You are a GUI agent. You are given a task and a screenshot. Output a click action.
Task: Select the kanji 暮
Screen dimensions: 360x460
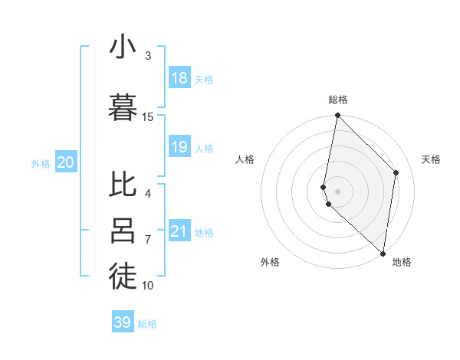coord(123,107)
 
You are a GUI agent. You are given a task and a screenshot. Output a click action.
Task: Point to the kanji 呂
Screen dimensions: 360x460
coord(123,231)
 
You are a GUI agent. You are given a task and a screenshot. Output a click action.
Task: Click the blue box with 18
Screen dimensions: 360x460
coord(179,78)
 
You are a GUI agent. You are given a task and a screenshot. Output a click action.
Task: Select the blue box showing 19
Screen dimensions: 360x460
coord(179,147)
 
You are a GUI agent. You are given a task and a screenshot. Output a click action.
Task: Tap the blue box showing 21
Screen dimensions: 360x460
coord(179,231)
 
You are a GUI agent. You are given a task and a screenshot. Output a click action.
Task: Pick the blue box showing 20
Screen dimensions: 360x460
coord(66,162)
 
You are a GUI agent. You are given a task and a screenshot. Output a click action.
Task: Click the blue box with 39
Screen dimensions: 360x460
coord(123,322)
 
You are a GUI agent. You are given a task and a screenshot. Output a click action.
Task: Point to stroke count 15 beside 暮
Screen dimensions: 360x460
coord(148,116)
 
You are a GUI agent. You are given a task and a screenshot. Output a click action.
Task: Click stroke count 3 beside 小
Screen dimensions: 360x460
coord(148,55)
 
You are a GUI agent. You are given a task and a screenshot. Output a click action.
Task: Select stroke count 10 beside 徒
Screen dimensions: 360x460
coord(148,285)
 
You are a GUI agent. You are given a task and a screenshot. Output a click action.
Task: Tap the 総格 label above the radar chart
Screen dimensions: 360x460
coord(338,100)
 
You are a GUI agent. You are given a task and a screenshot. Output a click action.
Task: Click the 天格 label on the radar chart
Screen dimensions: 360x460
coord(431,159)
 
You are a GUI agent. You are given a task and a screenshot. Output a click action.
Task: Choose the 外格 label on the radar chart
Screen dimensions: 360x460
coord(270,262)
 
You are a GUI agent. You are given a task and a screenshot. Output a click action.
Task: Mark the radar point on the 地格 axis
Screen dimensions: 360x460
coord(383,254)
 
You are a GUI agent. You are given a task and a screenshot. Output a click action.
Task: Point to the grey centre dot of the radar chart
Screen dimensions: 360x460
coord(338,191)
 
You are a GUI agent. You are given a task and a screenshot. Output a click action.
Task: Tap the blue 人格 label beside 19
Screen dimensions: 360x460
coord(204,148)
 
